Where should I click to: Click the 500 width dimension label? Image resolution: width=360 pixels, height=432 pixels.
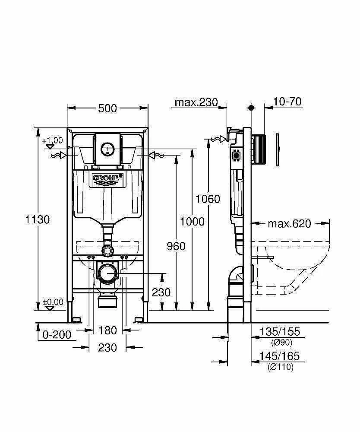point(107,108)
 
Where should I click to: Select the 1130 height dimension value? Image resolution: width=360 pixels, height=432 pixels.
point(38,219)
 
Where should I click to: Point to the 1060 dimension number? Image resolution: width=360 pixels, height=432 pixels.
point(208,199)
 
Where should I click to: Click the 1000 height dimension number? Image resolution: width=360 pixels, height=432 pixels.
point(192,222)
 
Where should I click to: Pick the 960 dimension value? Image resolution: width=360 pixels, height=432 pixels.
point(176,246)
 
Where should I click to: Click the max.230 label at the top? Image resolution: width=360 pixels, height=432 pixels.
point(196,102)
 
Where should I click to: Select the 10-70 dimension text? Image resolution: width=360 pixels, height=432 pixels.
point(287,102)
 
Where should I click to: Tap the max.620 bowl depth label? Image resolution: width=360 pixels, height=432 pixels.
point(289,223)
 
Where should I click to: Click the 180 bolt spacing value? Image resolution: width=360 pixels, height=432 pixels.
point(107,330)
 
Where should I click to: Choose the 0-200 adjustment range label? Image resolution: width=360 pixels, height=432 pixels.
point(57,335)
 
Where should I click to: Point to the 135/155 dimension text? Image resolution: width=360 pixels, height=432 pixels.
point(280,331)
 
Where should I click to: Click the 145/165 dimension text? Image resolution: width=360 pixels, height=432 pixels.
point(279,356)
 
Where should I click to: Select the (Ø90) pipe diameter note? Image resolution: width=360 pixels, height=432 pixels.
point(281,343)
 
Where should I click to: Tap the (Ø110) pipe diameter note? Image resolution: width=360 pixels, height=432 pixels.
point(281,367)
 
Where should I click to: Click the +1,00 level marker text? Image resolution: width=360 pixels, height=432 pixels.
point(52,140)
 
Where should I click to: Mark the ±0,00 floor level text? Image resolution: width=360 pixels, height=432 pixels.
point(53,302)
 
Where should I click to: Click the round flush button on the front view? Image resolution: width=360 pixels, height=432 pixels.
point(107,149)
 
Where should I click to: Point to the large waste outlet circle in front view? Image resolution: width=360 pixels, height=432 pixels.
point(107,273)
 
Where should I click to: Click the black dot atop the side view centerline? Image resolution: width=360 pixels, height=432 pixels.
point(251,108)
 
